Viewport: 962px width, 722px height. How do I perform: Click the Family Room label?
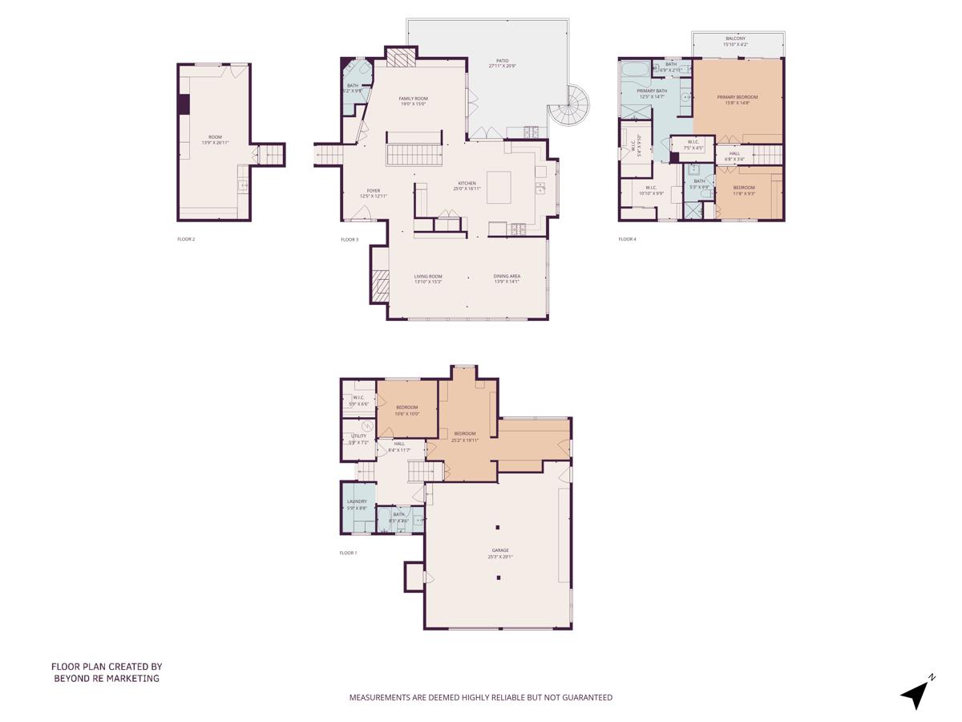click(413, 101)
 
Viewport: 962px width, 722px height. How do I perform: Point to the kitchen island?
click(504, 186)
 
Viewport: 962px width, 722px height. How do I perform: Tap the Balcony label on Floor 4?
click(736, 41)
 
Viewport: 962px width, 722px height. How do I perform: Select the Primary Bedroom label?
click(737, 99)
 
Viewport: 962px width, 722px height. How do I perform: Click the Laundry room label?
click(357, 505)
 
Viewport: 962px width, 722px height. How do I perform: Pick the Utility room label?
click(358, 439)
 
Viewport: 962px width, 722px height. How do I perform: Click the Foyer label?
click(374, 193)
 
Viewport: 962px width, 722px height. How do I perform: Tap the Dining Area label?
click(507, 278)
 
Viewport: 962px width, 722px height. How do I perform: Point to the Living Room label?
click(428, 278)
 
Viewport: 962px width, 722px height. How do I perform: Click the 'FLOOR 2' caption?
click(186, 239)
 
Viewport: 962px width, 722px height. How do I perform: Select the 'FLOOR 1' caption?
click(348, 553)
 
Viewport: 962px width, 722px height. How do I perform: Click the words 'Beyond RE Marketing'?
click(107, 679)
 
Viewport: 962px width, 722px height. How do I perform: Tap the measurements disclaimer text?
click(480, 698)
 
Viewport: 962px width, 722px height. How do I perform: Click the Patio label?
click(502, 63)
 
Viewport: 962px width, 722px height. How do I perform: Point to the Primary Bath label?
click(652, 93)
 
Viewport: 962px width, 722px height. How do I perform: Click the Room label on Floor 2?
click(215, 140)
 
